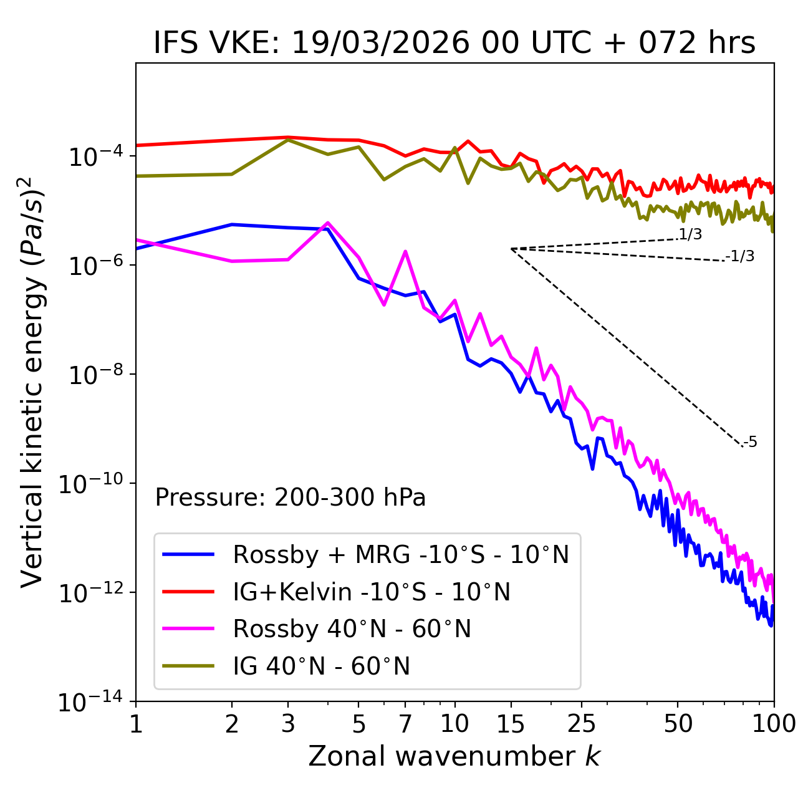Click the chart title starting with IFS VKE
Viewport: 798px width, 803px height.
pyautogui.click(x=454, y=43)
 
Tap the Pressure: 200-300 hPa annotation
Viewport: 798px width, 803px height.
pyautogui.click(x=290, y=498)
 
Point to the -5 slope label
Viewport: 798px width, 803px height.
pyautogui.click(x=751, y=442)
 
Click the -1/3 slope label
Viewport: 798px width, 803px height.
pyautogui.click(x=740, y=256)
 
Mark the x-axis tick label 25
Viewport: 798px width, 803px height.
pyautogui.click(x=582, y=724)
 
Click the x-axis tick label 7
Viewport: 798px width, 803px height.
pyautogui.click(x=405, y=724)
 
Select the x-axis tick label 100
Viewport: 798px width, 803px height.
pyautogui.click(x=774, y=724)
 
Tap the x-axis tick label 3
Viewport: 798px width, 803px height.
pyautogui.click(x=288, y=724)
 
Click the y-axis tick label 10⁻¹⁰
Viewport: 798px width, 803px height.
pyautogui.click(x=91, y=483)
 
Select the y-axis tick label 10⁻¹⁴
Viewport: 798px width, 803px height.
pyautogui.click(x=91, y=702)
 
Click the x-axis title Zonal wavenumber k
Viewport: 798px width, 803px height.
pyautogui.click(x=454, y=756)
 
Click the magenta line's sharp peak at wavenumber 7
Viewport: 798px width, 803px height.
pyautogui.click(x=405, y=251)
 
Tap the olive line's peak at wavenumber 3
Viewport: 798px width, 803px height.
pyautogui.click(x=288, y=140)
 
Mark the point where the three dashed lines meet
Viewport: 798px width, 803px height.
pyautogui.click(x=511, y=249)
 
